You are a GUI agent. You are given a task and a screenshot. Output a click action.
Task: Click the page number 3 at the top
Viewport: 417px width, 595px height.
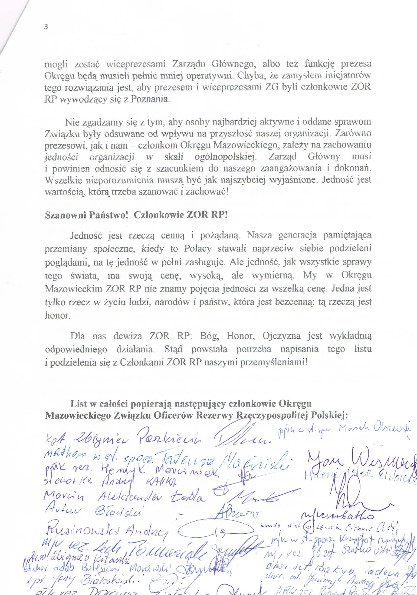tap(47, 27)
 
